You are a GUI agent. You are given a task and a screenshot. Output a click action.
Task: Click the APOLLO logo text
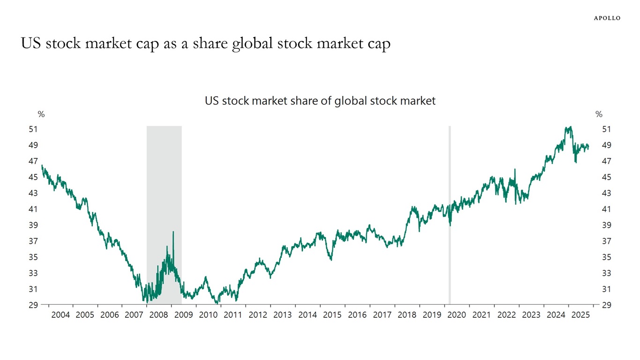(x=607, y=18)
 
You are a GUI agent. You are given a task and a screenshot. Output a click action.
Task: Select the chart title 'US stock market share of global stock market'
(x=320, y=101)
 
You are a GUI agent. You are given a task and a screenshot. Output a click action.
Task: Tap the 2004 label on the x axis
(x=60, y=315)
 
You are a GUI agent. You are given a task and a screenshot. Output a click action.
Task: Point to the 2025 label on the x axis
(x=581, y=315)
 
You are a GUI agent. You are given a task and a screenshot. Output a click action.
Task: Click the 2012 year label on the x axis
(x=258, y=315)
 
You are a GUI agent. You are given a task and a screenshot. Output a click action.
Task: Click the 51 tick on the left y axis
(x=33, y=129)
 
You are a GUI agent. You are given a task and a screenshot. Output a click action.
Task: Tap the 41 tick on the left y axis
(x=33, y=209)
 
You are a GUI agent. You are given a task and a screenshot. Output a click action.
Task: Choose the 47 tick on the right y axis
(x=606, y=161)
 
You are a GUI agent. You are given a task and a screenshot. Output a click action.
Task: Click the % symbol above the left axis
(x=41, y=114)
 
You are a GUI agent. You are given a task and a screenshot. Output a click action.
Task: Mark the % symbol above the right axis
(x=599, y=114)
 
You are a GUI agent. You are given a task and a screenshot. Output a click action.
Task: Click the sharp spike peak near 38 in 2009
(x=173, y=232)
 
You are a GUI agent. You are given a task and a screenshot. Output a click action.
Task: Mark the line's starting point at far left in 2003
(x=42, y=165)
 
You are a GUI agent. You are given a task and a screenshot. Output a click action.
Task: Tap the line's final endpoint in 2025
(x=588, y=147)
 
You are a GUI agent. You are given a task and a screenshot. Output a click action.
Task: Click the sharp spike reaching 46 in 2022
(x=515, y=170)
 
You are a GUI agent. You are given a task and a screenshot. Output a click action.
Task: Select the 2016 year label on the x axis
(x=357, y=315)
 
